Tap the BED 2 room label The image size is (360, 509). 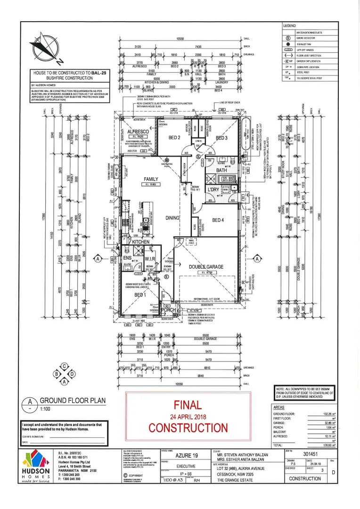click(x=174, y=138)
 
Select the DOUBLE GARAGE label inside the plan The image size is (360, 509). click(x=206, y=267)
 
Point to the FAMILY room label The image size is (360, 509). click(x=153, y=179)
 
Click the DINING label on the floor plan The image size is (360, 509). click(x=173, y=218)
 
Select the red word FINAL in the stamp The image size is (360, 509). click(x=188, y=404)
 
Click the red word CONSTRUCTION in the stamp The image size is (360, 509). click(x=188, y=427)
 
